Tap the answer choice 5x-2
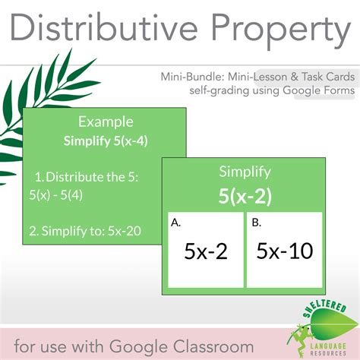205,251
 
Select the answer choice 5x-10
284,251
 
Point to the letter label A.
176,223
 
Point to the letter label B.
256,223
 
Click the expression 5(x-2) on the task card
245,196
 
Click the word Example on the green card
106,122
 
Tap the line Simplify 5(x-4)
106,140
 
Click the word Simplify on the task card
245,172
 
